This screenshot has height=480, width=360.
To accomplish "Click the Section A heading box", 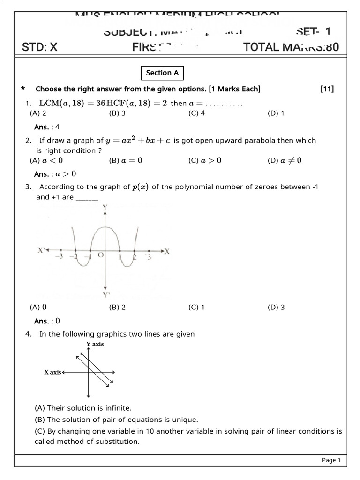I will pyautogui.click(x=162, y=73).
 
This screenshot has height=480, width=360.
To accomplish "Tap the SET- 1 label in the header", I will pyautogui.click(x=314, y=31).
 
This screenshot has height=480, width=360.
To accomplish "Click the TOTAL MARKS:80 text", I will pyautogui.click(x=291, y=47).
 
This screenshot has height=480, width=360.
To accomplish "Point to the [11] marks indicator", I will pyautogui.click(x=327, y=89).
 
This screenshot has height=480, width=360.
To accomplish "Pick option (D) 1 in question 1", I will pyautogui.click(x=276, y=113).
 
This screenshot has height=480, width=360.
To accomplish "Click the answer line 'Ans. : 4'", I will pyautogui.click(x=47, y=127).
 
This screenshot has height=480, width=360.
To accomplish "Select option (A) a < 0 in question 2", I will pyautogui.click(x=46, y=161).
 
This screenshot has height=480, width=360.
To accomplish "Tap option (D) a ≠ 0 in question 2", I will pyautogui.click(x=285, y=161).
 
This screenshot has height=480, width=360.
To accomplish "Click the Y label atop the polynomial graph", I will pyautogui.click(x=105, y=207).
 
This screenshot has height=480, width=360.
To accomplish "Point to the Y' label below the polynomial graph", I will pyautogui.click(x=106, y=295).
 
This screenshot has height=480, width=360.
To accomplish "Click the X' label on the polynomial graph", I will pyautogui.click(x=42, y=251).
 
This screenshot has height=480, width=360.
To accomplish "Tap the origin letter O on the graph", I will pyautogui.click(x=100, y=255).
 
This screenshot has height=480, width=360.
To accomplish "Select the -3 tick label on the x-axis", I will pyautogui.click(x=59, y=257).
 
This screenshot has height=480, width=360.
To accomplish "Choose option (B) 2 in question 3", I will pyautogui.click(x=117, y=307).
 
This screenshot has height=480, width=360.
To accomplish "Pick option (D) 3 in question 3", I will pyautogui.click(x=276, y=307).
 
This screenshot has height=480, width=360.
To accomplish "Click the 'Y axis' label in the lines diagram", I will pyautogui.click(x=95, y=344).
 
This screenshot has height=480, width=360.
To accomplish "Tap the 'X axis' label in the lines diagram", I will pyautogui.click(x=52, y=372).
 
